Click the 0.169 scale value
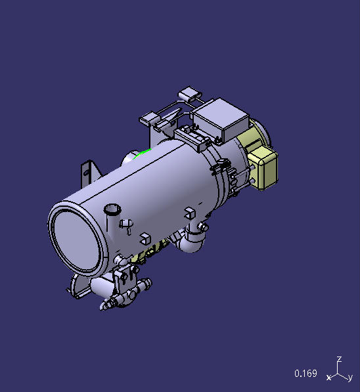coord(305,374)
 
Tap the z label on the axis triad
coord(338,360)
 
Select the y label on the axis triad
coord(350,378)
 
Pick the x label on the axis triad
coord(328,378)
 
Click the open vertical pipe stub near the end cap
coord(112,210)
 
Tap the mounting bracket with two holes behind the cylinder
coord(87,171)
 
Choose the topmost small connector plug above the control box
coord(191,93)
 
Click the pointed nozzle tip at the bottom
coord(107,306)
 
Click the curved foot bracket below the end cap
coord(78,287)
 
